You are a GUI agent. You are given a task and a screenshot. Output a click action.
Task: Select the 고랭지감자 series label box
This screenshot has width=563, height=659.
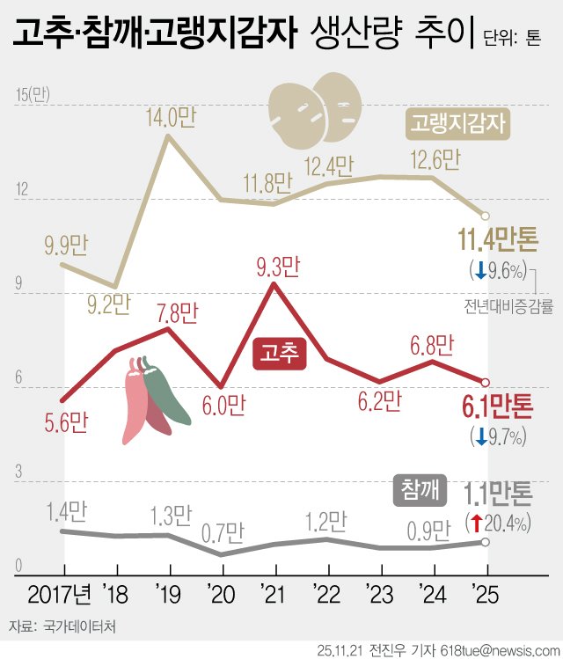pyautogui.click(x=458, y=124)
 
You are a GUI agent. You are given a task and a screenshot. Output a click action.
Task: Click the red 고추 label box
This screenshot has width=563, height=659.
pyautogui.click(x=280, y=353)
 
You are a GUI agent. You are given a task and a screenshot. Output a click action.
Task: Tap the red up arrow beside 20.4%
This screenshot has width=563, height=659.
pyautogui.click(x=476, y=524)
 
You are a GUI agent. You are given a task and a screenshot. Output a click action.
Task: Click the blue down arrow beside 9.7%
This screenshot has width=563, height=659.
pyautogui.click(x=480, y=435)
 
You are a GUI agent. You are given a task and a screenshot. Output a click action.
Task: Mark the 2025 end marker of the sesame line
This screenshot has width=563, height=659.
pyautogui.click(x=486, y=542)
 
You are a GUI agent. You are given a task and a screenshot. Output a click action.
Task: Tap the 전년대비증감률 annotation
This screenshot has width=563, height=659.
pyautogui.click(x=509, y=307)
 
